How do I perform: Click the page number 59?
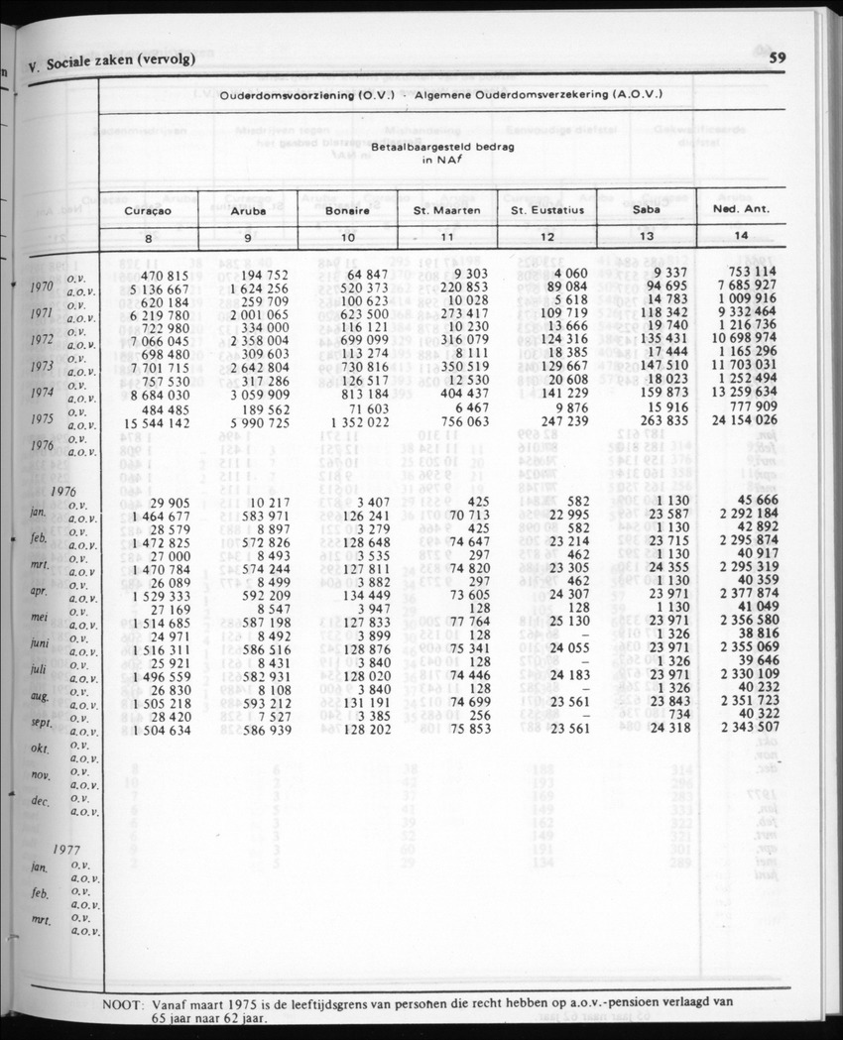coord(777,58)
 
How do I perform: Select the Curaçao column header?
coord(149,211)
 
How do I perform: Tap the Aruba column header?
coord(247,211)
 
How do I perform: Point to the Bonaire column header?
coord(347,211)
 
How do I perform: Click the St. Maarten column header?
coord(447,211)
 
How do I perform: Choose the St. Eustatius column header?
coord(547,211)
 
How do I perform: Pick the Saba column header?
coord(647,211)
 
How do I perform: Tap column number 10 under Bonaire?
coord(347,238)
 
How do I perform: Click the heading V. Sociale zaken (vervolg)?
coord(111,59)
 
